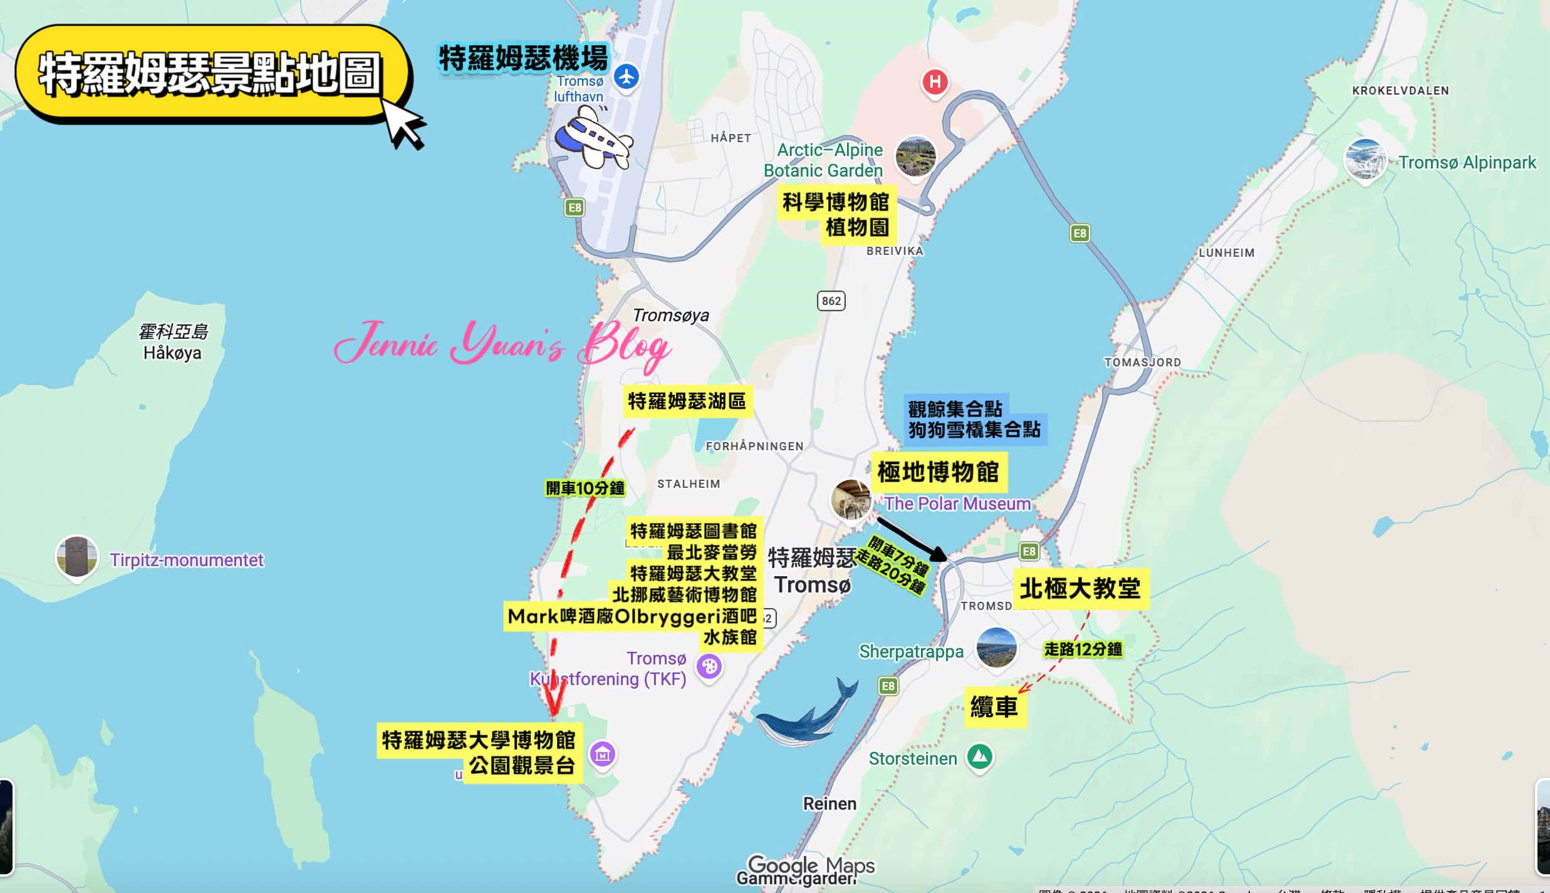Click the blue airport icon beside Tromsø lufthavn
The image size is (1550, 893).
point(626,77)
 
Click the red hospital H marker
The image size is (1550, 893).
point(934,82)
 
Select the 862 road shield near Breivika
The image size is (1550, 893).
point(831,301)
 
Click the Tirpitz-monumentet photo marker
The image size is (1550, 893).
point(76,556)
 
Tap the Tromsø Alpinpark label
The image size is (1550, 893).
point(1467,163)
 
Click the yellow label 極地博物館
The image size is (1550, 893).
point(938,472)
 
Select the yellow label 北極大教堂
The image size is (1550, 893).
point(1080,589)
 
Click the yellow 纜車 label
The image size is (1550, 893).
point(994,708)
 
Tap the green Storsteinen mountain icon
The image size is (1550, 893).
point(980,756)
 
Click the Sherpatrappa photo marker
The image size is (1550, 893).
point(996,648)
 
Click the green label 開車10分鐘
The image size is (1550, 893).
point(585,488)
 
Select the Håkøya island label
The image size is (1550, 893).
point(172,353)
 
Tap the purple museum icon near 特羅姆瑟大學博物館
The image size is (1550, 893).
point(603,754)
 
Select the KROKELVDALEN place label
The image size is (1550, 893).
point(1400,91)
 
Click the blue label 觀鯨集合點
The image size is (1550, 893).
point(955,410)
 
